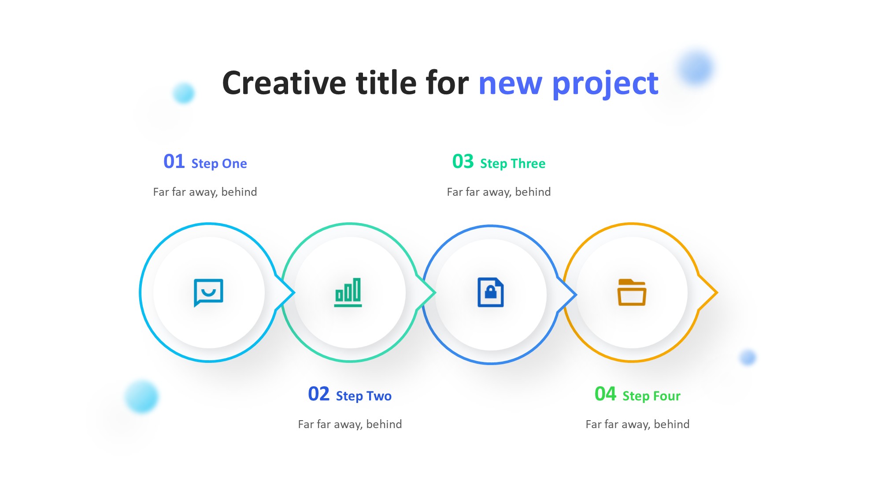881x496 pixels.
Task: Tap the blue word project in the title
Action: tap(605, 84)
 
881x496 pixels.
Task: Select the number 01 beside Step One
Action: tap(174, 161)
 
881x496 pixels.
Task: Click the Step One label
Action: tap(219, 164)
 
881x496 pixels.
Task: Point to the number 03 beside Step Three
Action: tap(463, 161)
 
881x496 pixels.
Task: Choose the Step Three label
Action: tap(513, 164)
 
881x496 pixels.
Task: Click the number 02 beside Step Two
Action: tap(319, 394)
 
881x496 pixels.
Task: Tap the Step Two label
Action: tap(364, 396)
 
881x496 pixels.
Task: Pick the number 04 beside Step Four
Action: tap(605, 394)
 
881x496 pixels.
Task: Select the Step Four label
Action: tap(651, 396)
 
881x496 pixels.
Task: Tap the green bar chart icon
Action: tap(348, 292)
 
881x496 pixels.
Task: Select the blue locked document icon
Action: tap(491, 292)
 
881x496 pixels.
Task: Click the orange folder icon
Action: tap(632, 292)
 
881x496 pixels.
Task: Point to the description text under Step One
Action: tap(205, 192)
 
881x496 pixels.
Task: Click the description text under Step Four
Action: tap(637, 424)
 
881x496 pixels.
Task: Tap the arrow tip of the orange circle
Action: tap(717, 292)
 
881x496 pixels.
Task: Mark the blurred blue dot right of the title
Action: tap(696, 67)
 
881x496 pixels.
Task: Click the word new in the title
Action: tap(511, 84)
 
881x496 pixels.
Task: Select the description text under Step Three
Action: tap(499, 192)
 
